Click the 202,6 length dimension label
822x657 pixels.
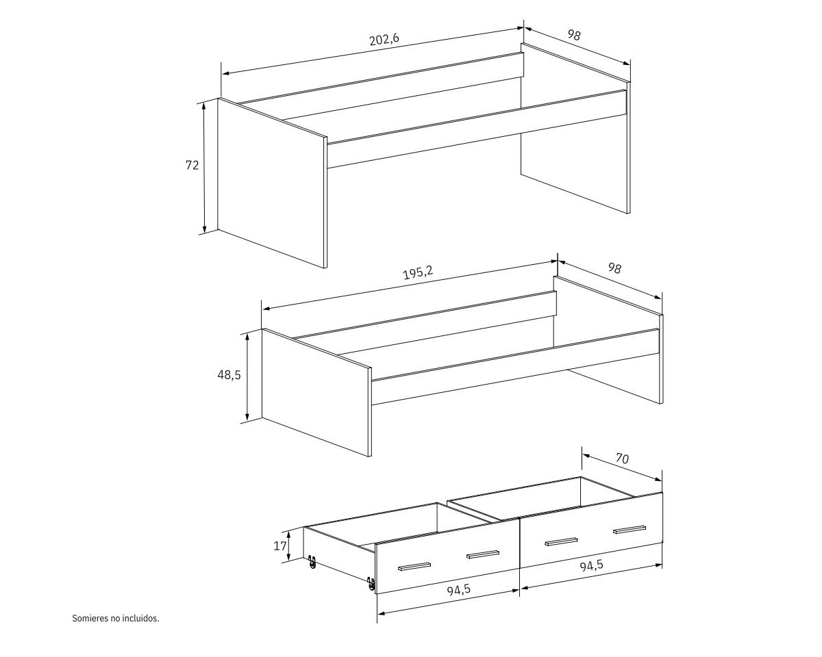tap(384, 39)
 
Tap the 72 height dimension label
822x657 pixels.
tap(192, 166)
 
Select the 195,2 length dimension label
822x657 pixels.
tap(419, 272)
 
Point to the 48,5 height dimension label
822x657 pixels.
tap(229, 375)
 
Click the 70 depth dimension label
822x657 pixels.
tap(622, 458)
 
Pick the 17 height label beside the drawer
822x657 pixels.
tap(280, 546)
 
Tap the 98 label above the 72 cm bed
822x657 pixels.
tap(574, 35)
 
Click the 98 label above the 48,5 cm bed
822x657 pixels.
tap(614, 268)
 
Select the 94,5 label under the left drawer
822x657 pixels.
tap(459, 590)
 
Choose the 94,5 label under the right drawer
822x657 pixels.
tap(592, 565)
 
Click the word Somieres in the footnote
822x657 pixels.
tap(90, 618)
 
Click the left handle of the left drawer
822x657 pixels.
tap(414, 567)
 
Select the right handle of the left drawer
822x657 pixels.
tap(483, 555)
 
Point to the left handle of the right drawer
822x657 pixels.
tap(561, 542)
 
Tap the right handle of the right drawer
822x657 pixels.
tap(630, 530)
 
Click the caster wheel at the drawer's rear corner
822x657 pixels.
tap(312, 563)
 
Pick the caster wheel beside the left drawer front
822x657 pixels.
tap(371, 584)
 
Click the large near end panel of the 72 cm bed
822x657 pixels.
tap(272, 183)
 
